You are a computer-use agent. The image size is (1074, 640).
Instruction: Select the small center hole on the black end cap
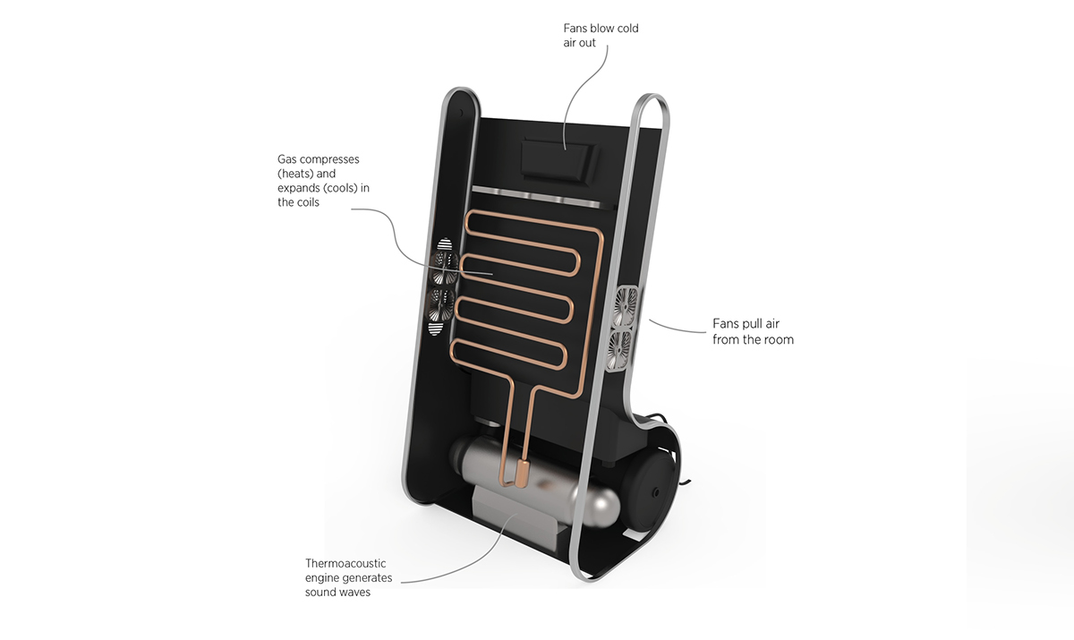658,492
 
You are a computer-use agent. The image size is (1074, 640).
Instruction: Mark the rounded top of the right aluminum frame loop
651,96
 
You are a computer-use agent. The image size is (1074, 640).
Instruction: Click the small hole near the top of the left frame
461,115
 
